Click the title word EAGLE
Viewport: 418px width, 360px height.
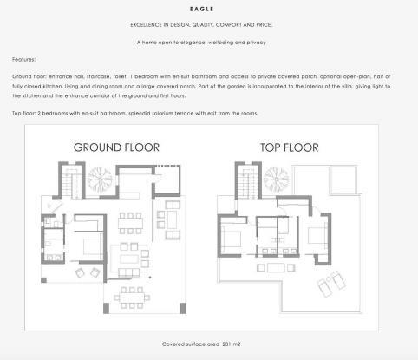[x=208, y=9]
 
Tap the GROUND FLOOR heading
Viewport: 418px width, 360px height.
[x=116, y=147]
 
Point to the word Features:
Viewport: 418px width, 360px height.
[x=24, y=59]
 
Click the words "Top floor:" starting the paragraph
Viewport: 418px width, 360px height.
[x=28, y=114]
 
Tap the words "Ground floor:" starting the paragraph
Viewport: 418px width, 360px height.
[x=33, y=77]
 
